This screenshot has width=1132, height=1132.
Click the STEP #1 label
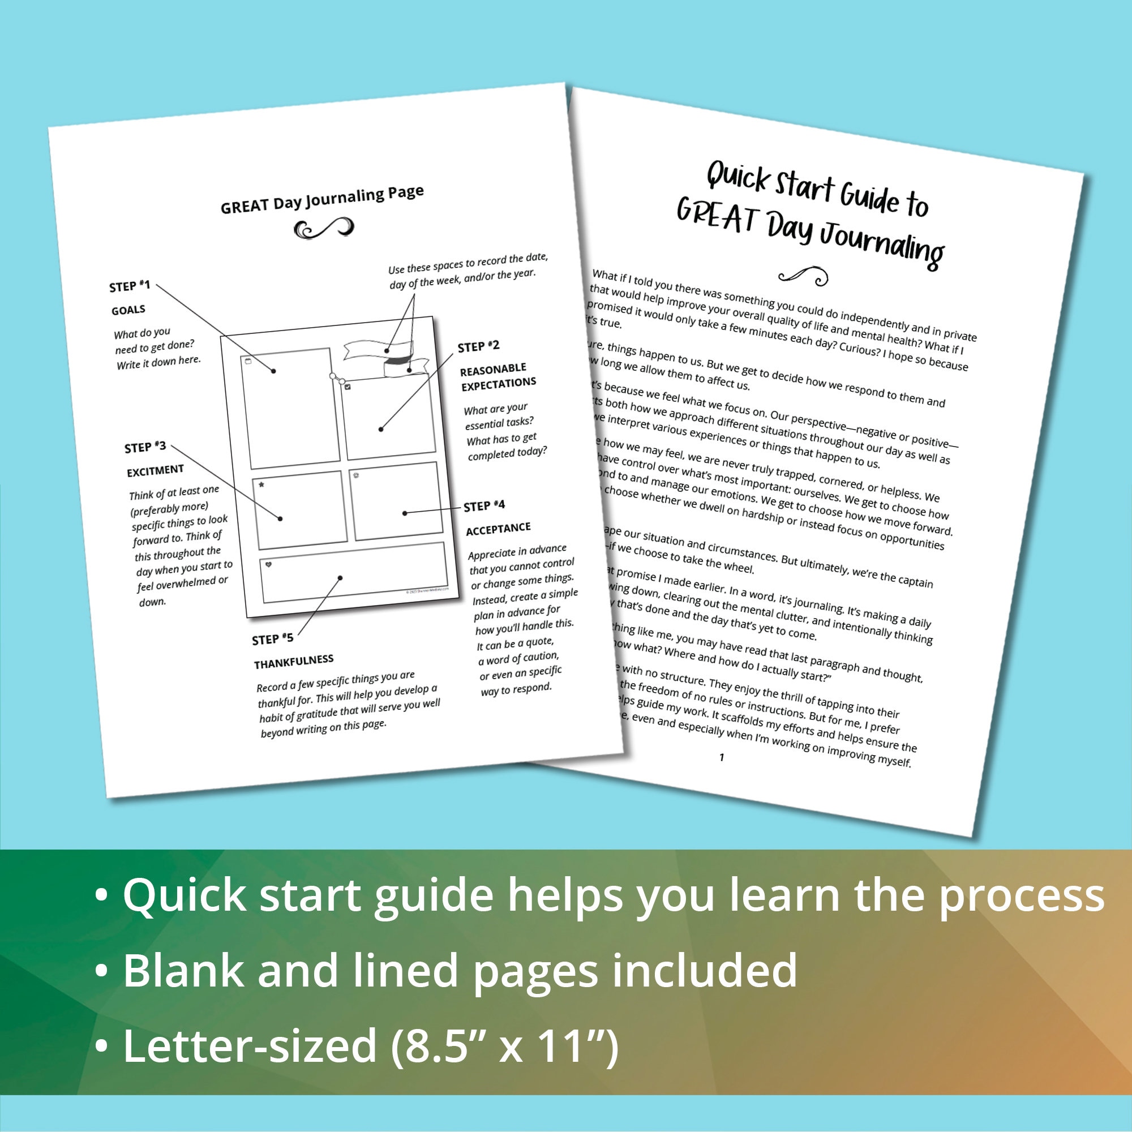(130, 286)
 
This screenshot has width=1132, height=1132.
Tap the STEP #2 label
(478, 347)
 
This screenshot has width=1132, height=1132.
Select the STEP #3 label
(145, 448)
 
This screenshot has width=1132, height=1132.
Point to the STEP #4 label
(484, 505)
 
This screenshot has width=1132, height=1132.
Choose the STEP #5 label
(272, 639)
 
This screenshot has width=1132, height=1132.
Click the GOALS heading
(128, 310)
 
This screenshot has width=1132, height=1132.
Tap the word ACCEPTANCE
(498, 529)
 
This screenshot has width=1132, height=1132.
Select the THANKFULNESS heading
(294, 662)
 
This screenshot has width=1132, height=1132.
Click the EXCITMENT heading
(155, 470)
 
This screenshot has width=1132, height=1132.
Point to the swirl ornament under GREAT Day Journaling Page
(323, 229)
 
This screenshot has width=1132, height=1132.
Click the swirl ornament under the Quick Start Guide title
(803, 276)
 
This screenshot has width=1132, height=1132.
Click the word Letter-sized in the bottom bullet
(250, 1047)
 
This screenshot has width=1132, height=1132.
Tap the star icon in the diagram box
(261, 484)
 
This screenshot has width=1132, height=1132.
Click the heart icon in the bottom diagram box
(269, 565)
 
